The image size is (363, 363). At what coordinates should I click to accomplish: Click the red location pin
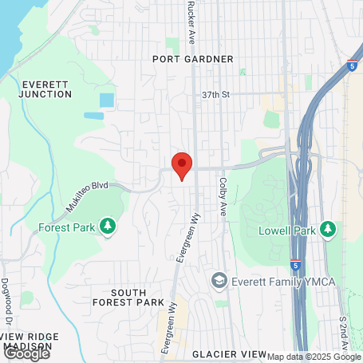click(x=182, y=164)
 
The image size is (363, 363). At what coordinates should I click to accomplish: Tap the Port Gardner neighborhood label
click(x=195, y=59)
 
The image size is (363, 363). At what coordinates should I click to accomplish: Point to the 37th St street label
click(x=215, y=94)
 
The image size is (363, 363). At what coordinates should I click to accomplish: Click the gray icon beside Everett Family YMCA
click(x=218, y=281)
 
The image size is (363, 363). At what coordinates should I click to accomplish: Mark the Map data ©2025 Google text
click(x=314, y=357)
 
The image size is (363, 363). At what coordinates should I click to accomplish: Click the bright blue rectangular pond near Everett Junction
click(x=106, y=101)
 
